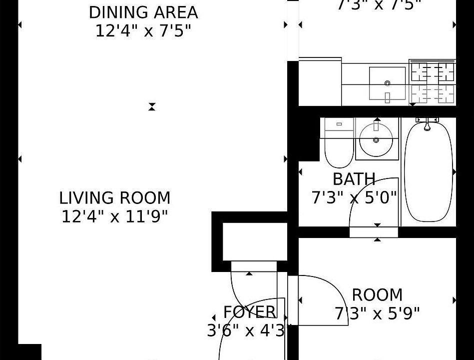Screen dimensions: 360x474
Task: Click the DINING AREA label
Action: (143, 12)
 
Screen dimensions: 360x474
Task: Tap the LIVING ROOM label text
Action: (115, 198)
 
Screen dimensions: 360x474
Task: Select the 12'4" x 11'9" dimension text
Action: (115, 217)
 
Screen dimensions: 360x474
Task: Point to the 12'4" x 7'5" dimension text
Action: (143, 31)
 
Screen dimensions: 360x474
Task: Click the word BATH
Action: (354, 179)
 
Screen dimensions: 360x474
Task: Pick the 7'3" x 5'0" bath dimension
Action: (354, 198)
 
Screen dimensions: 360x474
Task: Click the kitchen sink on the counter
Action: (387, 83)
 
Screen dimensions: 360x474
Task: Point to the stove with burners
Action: (433, 83)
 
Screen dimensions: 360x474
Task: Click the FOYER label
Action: (249, 312)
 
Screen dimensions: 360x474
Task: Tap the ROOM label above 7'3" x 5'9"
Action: (377, 295)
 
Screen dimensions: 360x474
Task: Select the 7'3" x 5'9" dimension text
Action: (377, 313)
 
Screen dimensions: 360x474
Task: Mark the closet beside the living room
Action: (250, 241)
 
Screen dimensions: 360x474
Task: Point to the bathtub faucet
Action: (427, 125)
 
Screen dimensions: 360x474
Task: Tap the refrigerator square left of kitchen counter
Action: (320, 83)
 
